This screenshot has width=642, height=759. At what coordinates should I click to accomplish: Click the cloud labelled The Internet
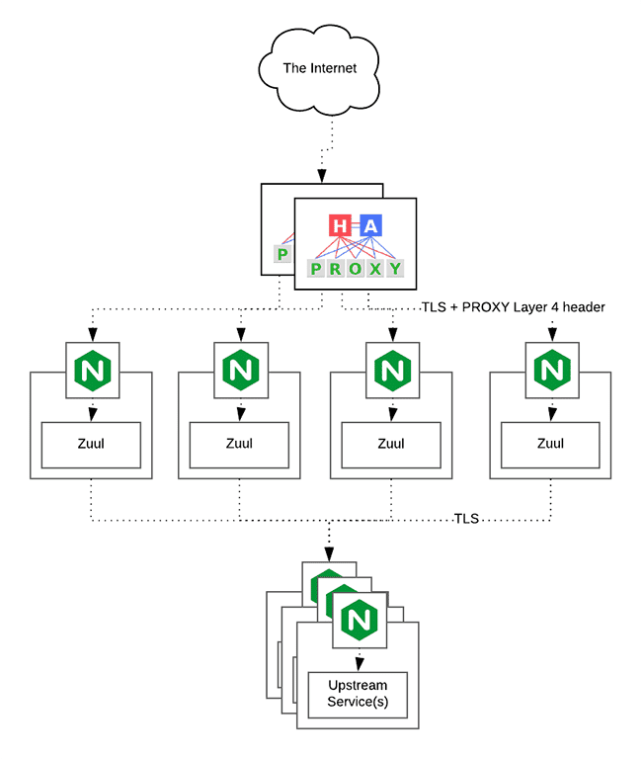click(x=319, y=68)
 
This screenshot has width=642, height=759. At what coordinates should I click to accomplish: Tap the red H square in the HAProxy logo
click(x=341, y=226)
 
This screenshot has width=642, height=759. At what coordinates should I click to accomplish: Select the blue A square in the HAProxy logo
click(x=370, y=226)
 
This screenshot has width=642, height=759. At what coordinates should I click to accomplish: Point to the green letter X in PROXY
click(x=374, y=269)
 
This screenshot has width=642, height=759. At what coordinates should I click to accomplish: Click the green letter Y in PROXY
click(x=394, y=269)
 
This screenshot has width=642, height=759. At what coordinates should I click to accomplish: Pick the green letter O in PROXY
click(x=355, y=269)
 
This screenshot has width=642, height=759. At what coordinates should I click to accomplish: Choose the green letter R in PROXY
click(x=336, y=269)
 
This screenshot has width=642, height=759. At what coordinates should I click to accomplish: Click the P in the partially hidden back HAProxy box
click(x=281, y=256)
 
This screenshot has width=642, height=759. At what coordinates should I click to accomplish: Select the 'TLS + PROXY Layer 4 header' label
click(x=513, y=307)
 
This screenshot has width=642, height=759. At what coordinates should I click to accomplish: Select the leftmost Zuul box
click(x=91, y=444)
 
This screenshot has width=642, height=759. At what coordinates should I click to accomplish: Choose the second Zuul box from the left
click(x=239, y=444)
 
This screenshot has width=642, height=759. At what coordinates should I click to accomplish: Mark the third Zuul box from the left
click(x=391, y=444)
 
